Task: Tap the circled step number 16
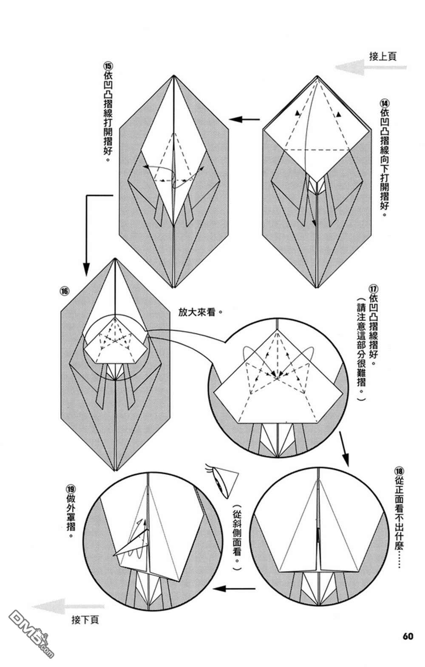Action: point(64,291)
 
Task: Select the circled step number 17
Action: point(374,287)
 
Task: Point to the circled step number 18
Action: point(398,472)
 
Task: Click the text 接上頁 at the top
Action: point(382,56)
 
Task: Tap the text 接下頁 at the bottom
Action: point(85,620)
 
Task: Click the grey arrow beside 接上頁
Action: point(370,67)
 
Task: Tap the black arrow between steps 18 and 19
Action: point(234,589)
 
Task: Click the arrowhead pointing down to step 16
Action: point(86,269)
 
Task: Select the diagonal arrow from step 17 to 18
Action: point(344,449)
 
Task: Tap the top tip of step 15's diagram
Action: point(174,76)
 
